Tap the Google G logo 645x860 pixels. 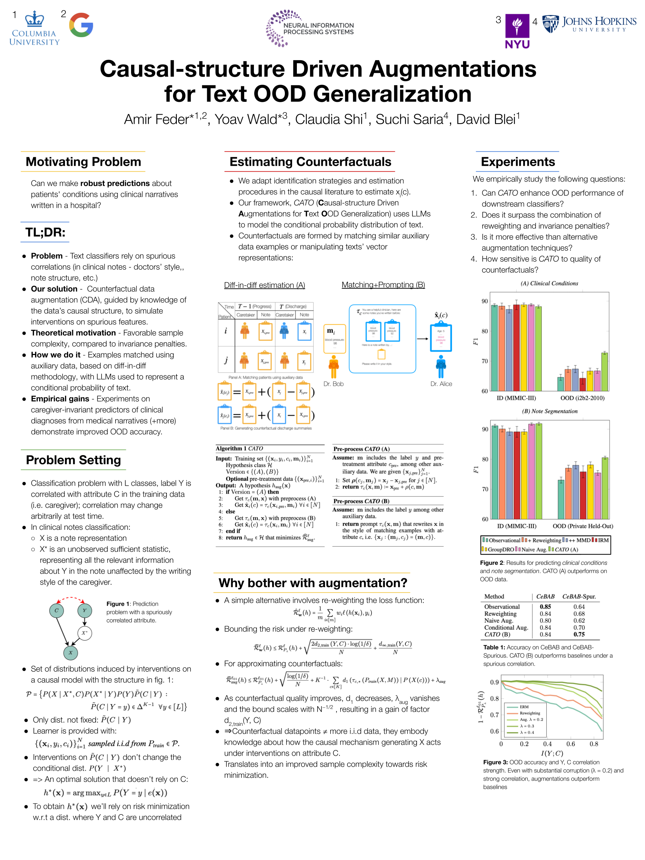[x=81, y=25]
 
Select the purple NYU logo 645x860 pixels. [x=517, y=31]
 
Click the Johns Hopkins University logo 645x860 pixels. [x=589, y=24]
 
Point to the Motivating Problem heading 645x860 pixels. [x=83, y=162]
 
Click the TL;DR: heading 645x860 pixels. [x=45, y=232]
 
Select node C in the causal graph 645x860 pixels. [x=56, y=610]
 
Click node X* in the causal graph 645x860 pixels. [x=84, y=633]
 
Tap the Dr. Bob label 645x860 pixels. [x=333, y=384]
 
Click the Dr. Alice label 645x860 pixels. [x=441, y=384]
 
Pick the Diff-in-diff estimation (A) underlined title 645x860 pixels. [x=265, y=285]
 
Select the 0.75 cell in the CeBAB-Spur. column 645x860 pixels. [x=579, y=634]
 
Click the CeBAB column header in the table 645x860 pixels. [x=545, y=596]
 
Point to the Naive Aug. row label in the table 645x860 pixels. [x=498, y=621]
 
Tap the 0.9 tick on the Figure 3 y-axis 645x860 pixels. [x=494, y=682]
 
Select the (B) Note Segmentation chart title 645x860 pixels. [x=549, y=411]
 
